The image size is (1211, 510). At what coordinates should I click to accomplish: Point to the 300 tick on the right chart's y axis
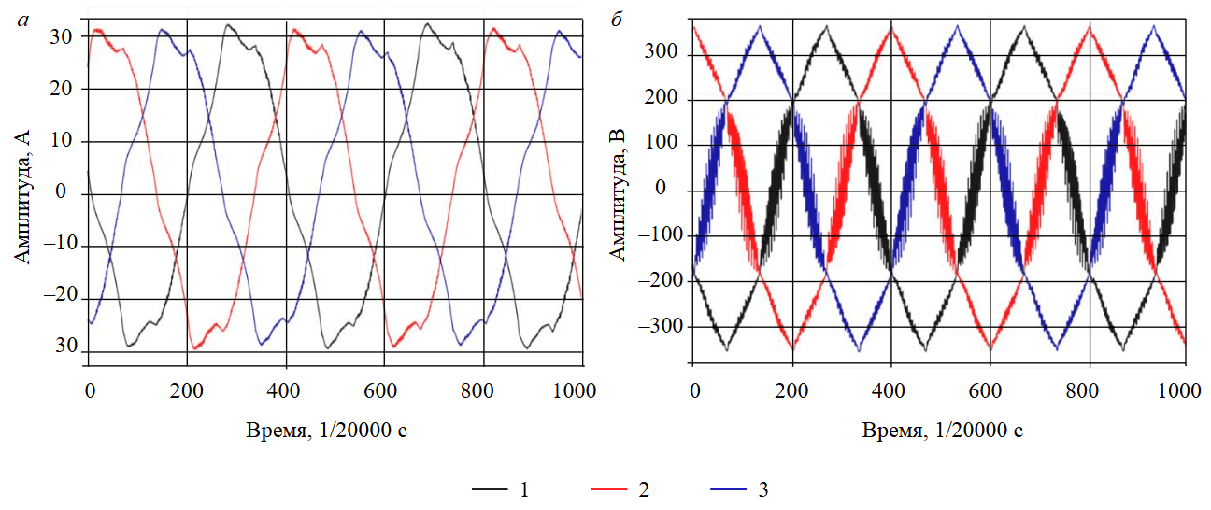point(664,55)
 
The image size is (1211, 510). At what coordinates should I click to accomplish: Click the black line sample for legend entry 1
point(489,489)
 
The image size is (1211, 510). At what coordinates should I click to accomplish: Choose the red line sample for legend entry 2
point(610,489)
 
